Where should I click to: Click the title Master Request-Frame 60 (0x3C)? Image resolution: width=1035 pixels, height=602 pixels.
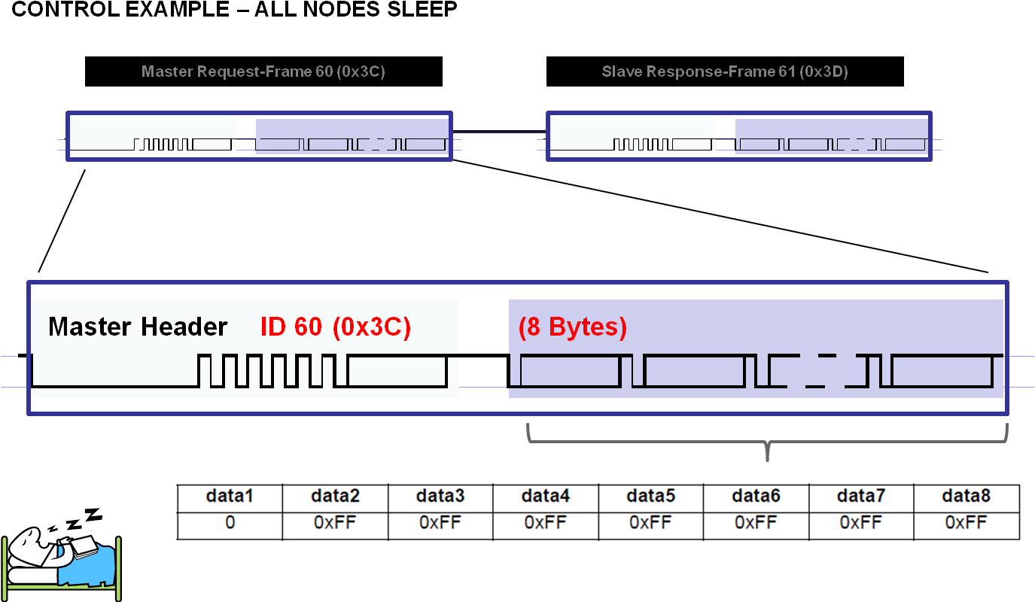[263, 71]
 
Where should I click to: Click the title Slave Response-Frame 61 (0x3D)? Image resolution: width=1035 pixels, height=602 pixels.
[725, 71]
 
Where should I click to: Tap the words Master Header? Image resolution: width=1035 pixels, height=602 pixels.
[138, 327]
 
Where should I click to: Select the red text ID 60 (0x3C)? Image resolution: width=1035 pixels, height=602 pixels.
[336, 327]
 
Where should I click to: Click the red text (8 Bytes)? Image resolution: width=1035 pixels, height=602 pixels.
[572, 327]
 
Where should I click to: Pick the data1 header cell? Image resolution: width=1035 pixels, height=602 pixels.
[230, 497]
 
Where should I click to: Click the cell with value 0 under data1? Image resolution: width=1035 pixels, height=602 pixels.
[230, 522]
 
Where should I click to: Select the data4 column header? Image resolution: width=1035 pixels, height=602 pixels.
[545, 497]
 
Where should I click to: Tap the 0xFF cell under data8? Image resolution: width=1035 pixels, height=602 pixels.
[966, 522]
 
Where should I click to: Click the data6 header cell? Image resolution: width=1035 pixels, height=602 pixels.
[756, 497]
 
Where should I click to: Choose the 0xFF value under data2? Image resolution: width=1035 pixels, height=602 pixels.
[335, 522]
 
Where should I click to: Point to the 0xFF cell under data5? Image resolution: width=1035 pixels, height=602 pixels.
[650, 522]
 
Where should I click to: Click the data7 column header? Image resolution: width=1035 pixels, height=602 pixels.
[861, 497]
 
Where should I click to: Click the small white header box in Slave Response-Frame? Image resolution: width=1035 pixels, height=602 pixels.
[632, 136]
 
